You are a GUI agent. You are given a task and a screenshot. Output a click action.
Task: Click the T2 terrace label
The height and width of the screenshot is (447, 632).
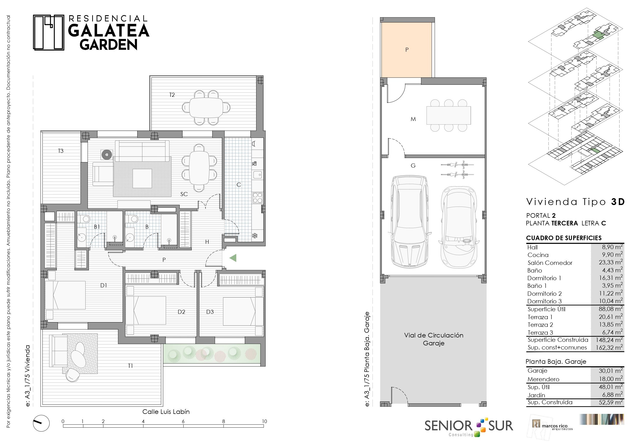click(x=172, y=95)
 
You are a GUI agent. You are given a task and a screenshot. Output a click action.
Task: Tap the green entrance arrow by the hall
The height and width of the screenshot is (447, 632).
click(x=233, y=258)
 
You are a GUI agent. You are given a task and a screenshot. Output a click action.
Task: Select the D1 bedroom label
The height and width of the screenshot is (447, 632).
click(x=103, y=285)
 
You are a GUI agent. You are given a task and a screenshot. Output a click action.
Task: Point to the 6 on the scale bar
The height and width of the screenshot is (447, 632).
click(x=183, y=421)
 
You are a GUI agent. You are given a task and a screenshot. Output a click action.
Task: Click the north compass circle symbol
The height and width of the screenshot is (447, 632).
click(x=41, y=423)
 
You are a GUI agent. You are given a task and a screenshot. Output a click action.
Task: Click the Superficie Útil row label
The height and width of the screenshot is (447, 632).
click(x=546, y=309)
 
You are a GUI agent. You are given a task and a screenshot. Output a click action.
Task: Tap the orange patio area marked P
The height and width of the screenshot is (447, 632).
click(x=406, y=50)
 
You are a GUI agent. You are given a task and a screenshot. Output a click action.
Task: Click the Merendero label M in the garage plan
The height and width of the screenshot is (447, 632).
click(x=413, y=119)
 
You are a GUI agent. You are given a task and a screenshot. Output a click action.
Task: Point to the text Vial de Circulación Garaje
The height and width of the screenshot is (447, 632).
click(x=434, y=339)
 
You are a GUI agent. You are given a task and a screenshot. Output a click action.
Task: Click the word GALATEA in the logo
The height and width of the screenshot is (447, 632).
click(x=109, y=30)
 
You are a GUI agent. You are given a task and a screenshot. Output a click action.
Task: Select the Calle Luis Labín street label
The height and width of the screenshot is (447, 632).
click(x=166, y=412)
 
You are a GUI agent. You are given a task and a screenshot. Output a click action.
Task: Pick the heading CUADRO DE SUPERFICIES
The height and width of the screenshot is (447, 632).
click(x=564, y=238)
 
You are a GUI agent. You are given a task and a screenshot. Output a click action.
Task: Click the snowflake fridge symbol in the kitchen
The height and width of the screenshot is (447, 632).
click(x=255, y=236)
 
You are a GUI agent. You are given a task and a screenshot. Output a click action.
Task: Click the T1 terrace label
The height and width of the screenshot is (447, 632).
click(x=130, y=366)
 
